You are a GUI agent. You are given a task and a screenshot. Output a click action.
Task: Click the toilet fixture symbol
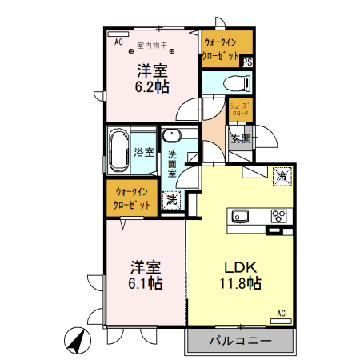[237, 83]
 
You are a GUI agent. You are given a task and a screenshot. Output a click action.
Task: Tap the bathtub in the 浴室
[118, 151]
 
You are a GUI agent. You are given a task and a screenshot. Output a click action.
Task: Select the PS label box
[247, 62]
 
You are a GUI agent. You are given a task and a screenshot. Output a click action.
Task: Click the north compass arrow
[78, 341]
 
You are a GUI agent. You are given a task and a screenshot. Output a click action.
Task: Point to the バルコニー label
[240, 341]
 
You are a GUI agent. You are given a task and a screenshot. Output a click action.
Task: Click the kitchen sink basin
[240, 216]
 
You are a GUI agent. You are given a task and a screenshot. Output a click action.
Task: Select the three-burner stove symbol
[279, 216]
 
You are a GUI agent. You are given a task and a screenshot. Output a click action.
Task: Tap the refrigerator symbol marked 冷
[282, 176]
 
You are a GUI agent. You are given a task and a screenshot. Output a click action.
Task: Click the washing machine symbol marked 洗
[172, 201]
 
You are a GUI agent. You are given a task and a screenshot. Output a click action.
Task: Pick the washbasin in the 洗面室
[172, 135]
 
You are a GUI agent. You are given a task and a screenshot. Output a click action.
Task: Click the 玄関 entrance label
[241, 138]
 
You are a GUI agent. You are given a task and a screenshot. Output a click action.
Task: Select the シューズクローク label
[240, 110]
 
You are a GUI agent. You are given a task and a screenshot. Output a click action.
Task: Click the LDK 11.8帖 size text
[240, 275]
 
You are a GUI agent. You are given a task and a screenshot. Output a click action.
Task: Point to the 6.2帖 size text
[152, 78]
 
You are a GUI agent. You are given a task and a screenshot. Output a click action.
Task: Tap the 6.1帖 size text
[146, 275]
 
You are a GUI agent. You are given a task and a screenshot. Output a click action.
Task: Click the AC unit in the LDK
[281, 321]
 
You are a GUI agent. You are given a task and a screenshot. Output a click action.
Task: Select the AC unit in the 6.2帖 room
[118, 34]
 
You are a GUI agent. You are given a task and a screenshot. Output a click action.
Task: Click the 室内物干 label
[152, 46]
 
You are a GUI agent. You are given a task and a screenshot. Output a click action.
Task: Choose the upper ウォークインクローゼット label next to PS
[221, 50]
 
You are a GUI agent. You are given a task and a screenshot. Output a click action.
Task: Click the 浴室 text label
[144, 152]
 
